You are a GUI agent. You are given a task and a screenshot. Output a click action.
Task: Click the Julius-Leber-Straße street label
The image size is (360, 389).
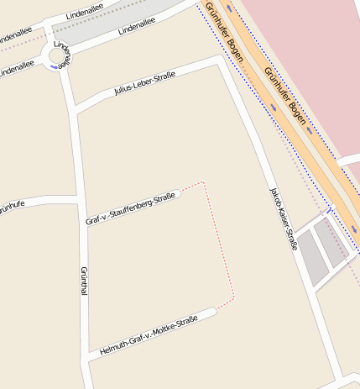[143, 87]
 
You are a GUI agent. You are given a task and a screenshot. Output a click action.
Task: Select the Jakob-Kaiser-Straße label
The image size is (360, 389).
[282, 219]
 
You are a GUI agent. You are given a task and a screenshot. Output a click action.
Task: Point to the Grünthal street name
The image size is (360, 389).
[83, 281]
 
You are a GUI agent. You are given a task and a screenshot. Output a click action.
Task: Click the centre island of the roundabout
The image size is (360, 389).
[56, 57]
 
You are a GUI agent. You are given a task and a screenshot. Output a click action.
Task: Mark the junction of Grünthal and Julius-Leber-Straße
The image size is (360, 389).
[76, 109]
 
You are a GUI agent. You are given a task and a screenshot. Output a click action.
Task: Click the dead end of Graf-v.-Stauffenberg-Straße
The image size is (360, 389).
[178, 195]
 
